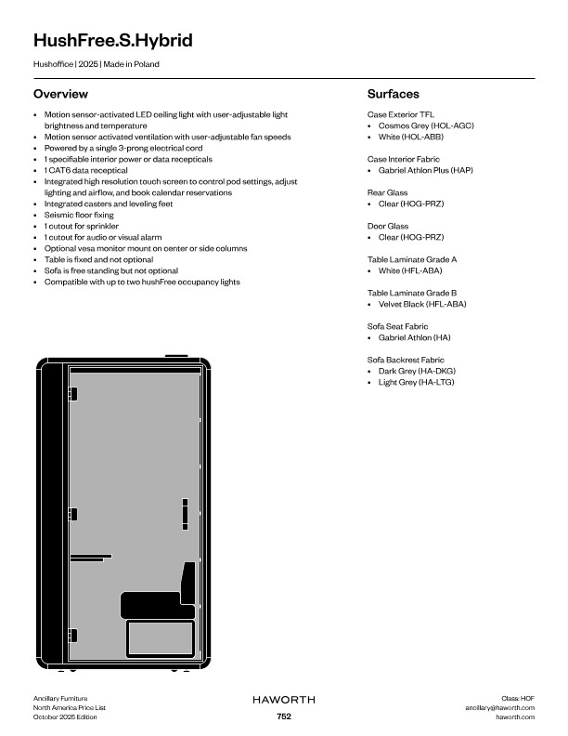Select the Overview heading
[60, 94]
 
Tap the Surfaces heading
[394, 94]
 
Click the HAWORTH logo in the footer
[283, 698]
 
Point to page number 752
[284, 716]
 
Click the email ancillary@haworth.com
[499, 707]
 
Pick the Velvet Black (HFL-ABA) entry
[422, 304]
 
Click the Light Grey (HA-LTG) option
[417, 382]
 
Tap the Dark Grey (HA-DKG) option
[417, 371]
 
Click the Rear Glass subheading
[388, 192]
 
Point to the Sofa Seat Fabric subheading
[397, 326]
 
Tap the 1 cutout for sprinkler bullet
[82, 226]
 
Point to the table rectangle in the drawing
[160, 639]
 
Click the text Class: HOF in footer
[518, 697]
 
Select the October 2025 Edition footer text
[65, 716]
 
